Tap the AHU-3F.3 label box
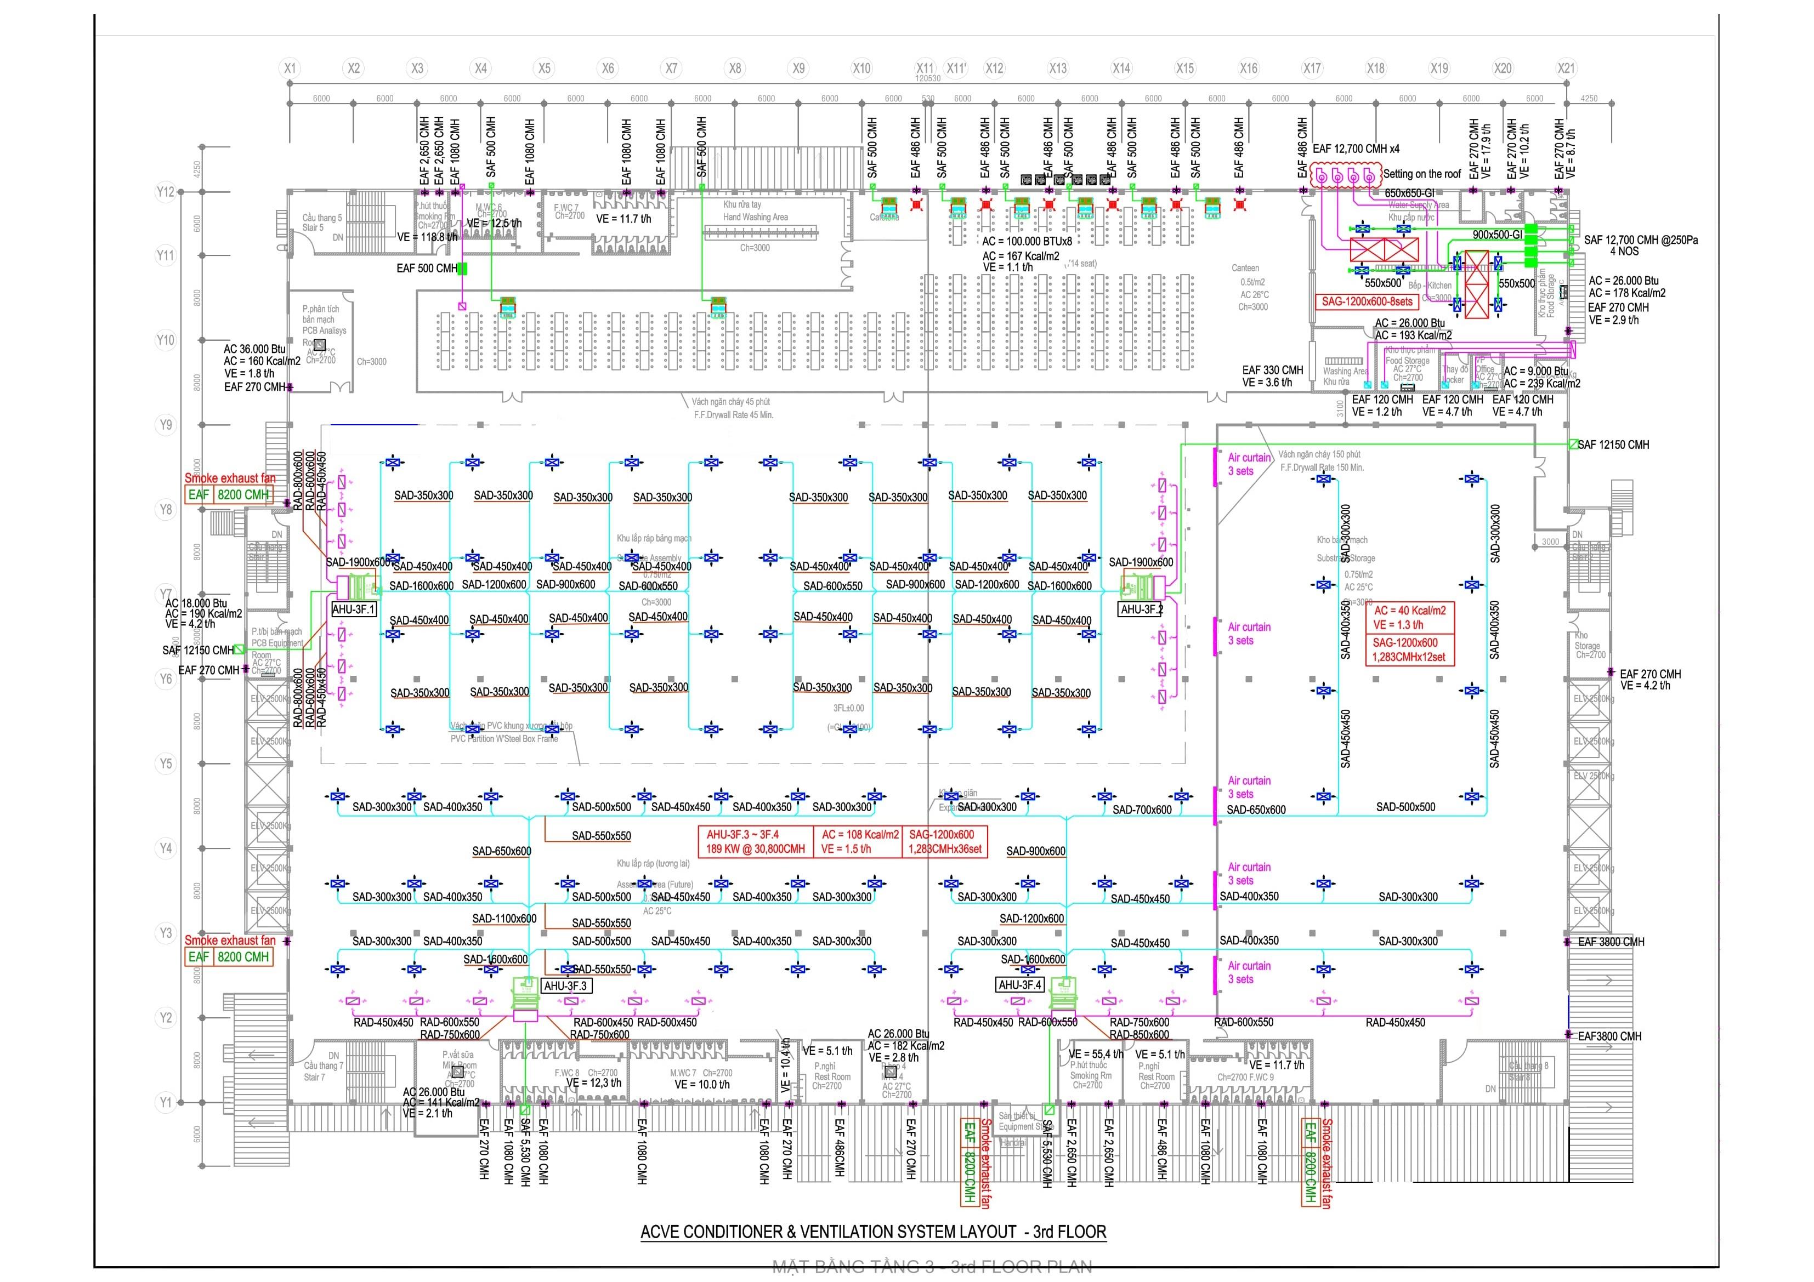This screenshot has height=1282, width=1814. tap(566, 986)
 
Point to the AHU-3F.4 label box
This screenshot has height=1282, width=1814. tap(1020, 985)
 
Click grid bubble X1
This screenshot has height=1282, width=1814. tap(290, 69)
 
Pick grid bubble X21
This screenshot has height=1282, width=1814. tap(1566, 69)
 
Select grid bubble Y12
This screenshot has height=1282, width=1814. tap(165, 192)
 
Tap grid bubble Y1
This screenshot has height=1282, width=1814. tap(165, 1102)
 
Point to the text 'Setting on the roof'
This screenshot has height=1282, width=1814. tap(1421, 174)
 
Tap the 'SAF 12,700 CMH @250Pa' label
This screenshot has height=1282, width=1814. tap(1640, 240)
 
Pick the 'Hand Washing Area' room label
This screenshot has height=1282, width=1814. tap(755, 217)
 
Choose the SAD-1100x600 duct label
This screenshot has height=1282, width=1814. tap(504, 919)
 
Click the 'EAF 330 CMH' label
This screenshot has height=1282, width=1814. tap(1272, 369)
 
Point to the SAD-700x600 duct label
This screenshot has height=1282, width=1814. tap(1142, 810)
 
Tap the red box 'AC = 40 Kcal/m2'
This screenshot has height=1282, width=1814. tap(1409, 611)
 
